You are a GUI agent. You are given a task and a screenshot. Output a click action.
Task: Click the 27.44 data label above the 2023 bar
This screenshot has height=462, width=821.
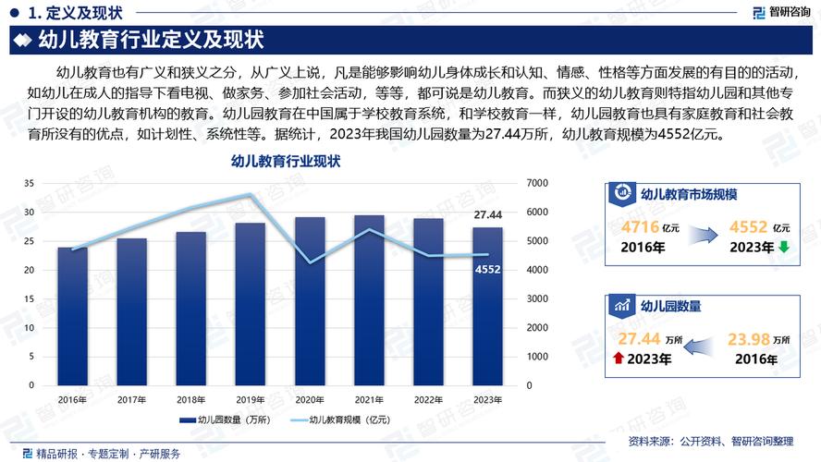coord(487,215)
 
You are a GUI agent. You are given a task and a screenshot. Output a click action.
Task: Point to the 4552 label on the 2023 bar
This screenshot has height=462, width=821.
coord(487,270)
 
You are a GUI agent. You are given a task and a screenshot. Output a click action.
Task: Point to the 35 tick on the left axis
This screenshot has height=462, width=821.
coord(31,184)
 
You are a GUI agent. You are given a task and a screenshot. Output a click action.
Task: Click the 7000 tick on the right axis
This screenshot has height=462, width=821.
coord(536,184)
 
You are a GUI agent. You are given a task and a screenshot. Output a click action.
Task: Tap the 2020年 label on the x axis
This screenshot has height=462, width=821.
coord(309,400)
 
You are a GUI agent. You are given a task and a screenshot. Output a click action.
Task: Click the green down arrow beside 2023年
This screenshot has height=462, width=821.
coord(783,248)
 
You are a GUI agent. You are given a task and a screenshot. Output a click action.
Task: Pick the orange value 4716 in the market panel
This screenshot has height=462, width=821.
coord(640,227)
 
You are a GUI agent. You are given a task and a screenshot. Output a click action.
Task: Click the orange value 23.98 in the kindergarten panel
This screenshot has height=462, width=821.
coord(748,339)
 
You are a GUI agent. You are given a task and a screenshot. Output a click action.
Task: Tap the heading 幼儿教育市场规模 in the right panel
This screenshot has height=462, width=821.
coord(688,194)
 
